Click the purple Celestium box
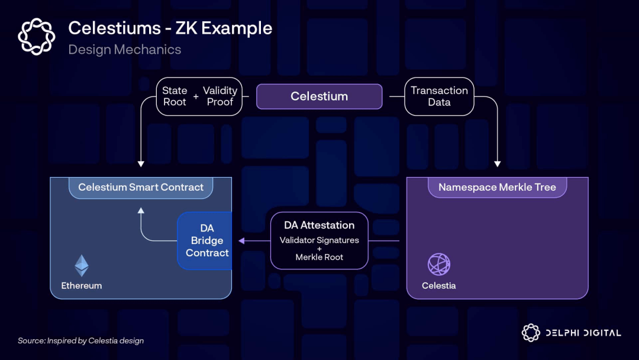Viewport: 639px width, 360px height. [319, 97]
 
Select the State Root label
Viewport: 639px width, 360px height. [175, 97]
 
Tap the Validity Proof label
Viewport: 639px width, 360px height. [220, 97]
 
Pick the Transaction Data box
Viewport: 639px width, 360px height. [439, 97]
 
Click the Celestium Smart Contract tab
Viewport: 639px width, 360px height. [141, 187]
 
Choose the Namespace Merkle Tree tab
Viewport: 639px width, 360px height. [497, 187]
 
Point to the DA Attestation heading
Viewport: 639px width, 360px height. [319, 225]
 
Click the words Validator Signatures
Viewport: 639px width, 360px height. [319, 240]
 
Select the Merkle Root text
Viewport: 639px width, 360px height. [319, 257]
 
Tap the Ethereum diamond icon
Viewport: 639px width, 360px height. [81, 266]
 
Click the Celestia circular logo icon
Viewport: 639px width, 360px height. [439, 265]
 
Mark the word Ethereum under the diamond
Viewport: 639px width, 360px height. [82, 285]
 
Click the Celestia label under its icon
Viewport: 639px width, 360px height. [439, 285]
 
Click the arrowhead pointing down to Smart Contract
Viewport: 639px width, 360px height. [141, 164]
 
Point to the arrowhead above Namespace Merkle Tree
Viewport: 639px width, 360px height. [497, 164]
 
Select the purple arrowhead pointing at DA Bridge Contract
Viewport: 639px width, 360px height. [241, 240]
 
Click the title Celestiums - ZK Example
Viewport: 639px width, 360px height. [170, 28]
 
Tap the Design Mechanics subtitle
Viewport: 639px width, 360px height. [124, 49]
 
